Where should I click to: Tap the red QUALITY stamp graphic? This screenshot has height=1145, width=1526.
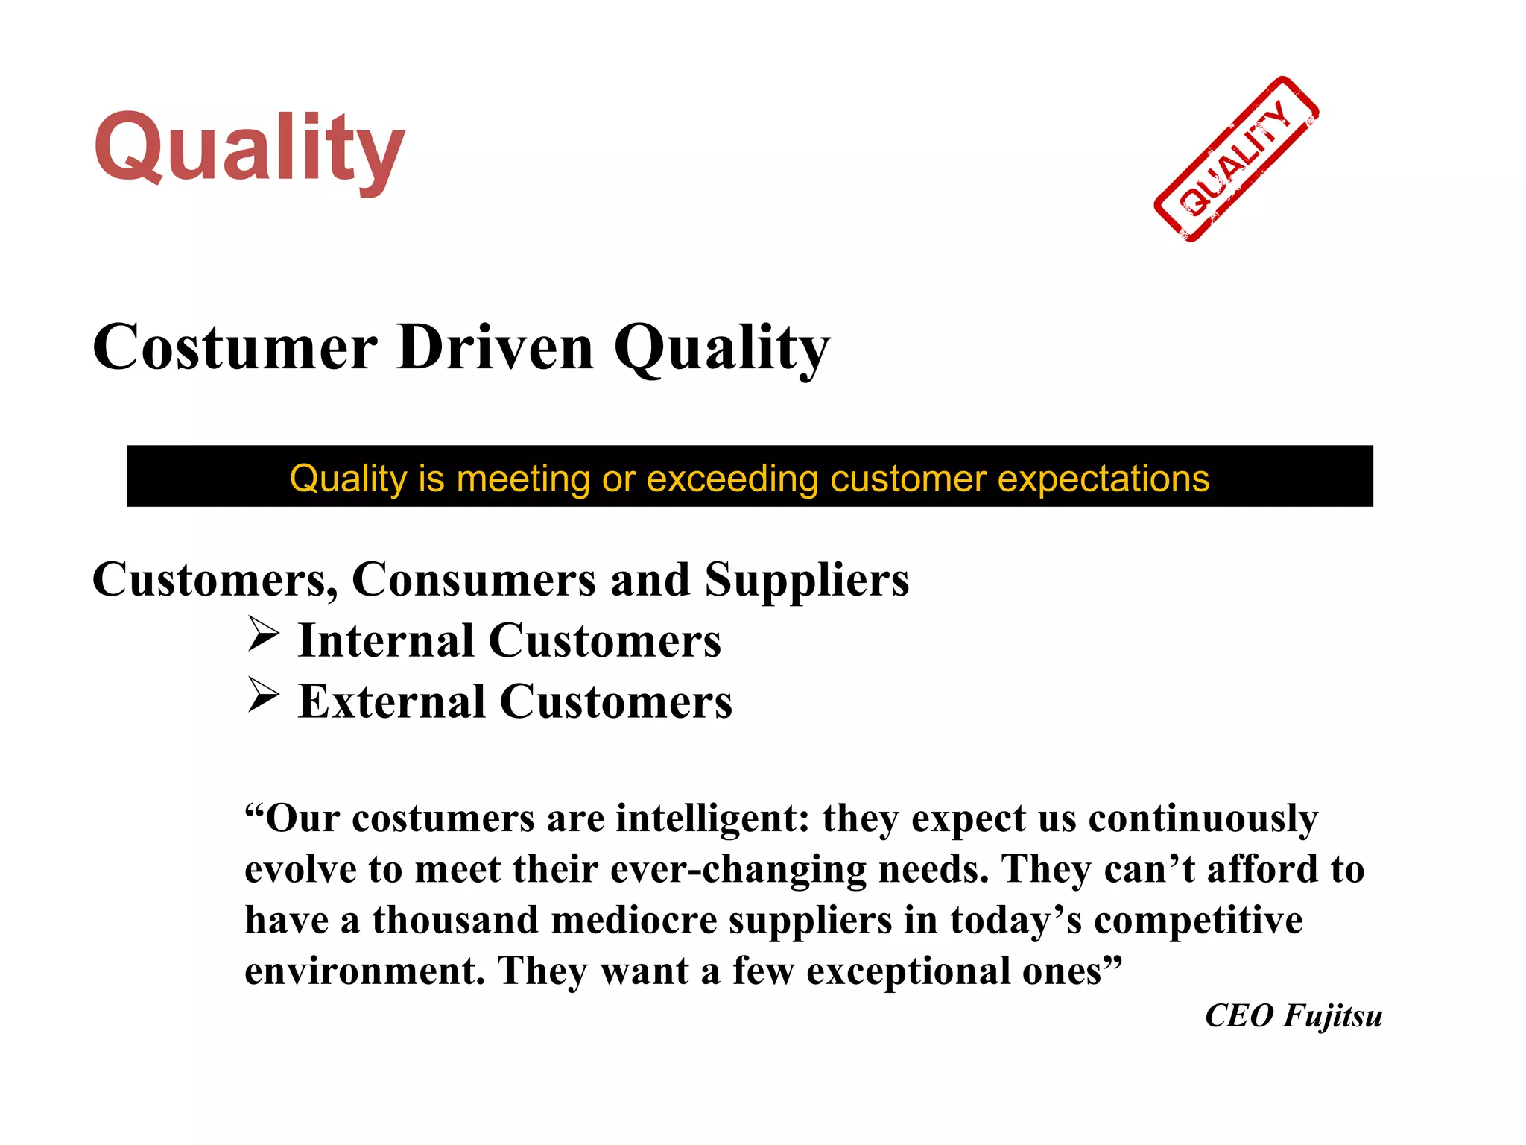pyautogui.click(x=1236, y=160)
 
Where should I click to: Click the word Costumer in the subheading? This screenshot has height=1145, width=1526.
pyautogui.click(x=235, y=347)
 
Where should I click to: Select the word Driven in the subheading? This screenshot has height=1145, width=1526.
pyautogui.click(x=496, y=347)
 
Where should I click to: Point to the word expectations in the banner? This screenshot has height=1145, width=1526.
pyautogui.click(x=1104, y=478)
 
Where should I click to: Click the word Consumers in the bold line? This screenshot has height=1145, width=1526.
pyautogui.click(x=474, y=579)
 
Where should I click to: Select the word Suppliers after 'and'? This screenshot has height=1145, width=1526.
pyautogui.click(x=807, y=579)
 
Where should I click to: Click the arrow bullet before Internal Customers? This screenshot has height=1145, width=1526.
pyautogui.click(x=263, y=635)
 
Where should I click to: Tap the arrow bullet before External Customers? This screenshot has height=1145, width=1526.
pyautogui.click(x=263, y=696)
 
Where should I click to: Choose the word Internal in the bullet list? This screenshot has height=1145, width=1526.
pyautogui.click(x=386, y=640)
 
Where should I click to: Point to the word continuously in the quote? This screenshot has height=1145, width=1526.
pyautogui.click(x=1203, y=818)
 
